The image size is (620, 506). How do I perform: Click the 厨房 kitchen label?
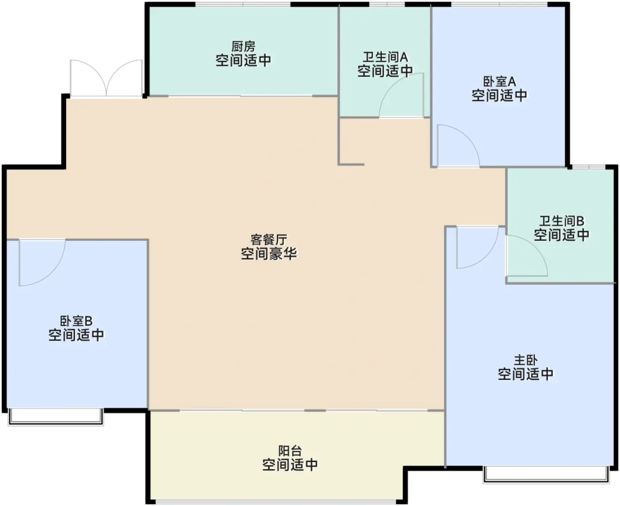coord(243,46)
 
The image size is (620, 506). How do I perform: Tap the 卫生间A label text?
coord(385,57)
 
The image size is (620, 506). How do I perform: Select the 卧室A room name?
coord(500,82)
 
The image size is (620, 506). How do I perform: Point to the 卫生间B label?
coord(562,221)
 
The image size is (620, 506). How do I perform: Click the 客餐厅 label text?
coord(269,240)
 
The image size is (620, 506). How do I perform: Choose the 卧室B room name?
coord(76,321)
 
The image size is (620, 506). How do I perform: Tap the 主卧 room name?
coord(526,360)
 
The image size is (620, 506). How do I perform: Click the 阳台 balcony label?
coord(290,451)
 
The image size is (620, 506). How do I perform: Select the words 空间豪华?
coord(269,254)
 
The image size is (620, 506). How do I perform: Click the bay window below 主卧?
coord(546,475)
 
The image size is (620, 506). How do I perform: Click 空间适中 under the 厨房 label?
coord(243,60)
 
